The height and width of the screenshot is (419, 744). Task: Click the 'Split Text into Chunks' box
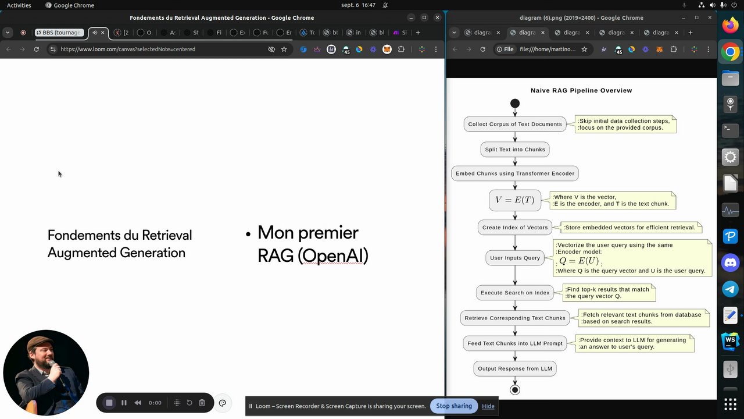[515, 150]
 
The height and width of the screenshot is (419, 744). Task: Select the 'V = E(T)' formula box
[514, 200]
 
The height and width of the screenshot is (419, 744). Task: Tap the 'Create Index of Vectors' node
[515, 228]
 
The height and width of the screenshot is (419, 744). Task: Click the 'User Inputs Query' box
[514, 258]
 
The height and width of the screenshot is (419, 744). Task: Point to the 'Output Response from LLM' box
[514, 368]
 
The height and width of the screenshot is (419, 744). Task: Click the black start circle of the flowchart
[514, 104]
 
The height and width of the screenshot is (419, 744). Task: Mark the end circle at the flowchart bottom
[514, 390]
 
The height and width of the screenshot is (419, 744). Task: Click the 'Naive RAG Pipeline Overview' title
[581, 90]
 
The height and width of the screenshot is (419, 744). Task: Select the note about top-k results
[609, 293]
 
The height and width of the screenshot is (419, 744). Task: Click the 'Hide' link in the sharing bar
[488, 406]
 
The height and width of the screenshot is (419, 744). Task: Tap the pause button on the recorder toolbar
[124, 403]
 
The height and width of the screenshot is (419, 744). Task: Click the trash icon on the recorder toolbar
[202, 403]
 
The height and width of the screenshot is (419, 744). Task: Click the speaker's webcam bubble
[46, 373]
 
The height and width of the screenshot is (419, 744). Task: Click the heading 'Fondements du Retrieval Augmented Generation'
[119, 244]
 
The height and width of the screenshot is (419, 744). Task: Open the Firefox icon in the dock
[730, 26]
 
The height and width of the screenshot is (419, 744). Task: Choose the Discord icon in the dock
[730, 263]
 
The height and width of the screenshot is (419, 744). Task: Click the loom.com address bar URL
[128, 49]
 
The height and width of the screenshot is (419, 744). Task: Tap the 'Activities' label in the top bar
[19, 5]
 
